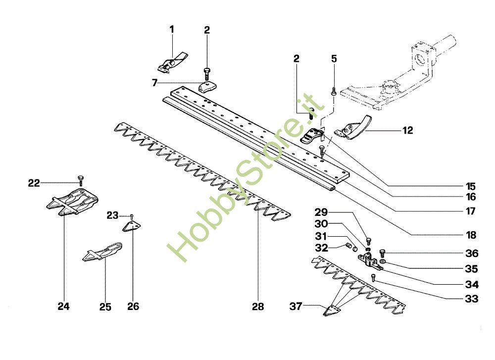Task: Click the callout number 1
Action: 172,30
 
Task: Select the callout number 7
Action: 154,83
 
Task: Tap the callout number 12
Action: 407,130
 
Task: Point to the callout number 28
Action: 258,307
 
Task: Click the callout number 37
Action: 296,306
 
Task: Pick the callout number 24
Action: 63,306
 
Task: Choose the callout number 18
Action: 471,235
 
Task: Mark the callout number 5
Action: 334,59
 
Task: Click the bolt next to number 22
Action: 81,180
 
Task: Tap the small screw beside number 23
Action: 132,216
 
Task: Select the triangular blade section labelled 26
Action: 131,226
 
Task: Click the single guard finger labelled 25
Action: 102,252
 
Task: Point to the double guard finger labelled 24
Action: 72,202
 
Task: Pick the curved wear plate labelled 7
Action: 208,87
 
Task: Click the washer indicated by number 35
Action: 383,261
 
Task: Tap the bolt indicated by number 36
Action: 382,253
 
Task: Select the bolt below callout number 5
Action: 334,92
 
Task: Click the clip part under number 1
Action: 172,63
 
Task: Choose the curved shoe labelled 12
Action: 353,128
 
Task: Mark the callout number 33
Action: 471,299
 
